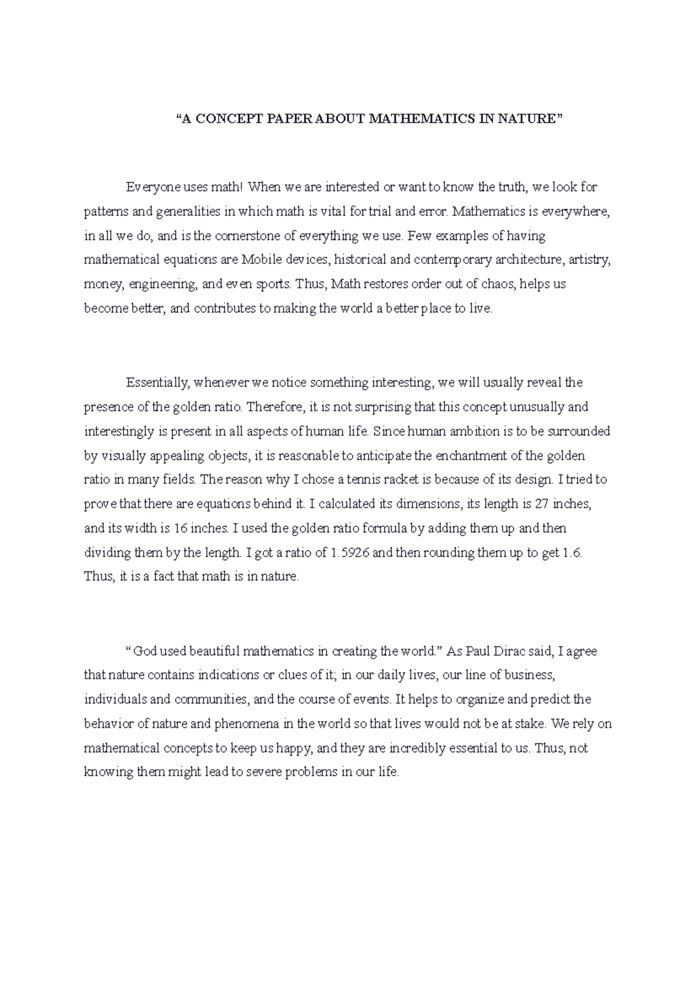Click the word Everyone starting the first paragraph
149,188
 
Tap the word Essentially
158,383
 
